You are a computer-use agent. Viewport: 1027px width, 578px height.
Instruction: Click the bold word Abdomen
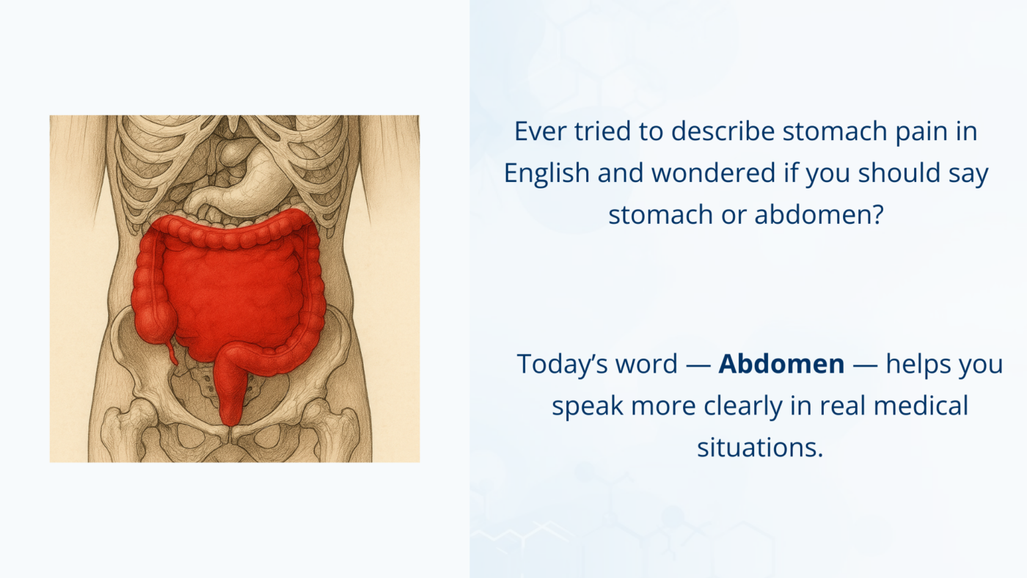click(x=781, y=364)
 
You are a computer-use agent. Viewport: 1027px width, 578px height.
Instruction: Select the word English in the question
click(x=547, y=173)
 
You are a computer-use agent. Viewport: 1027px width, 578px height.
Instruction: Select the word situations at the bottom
click(x=760, y=446)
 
